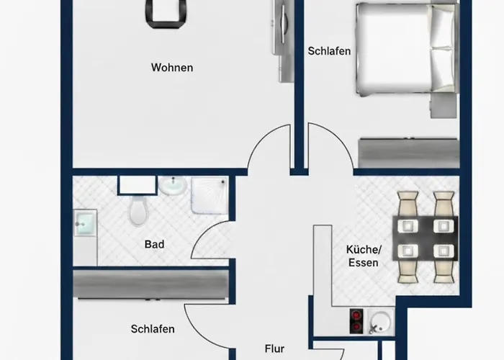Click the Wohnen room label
tap(171, 68)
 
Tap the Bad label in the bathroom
tap(154, 244)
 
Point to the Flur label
tap(274, 348)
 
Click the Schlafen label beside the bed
tap(329, 51)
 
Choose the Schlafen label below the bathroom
tap(153, 329)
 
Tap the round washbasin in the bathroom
tap(173, 187)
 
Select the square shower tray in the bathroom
tap(210, 196)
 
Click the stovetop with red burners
tap(356, 320)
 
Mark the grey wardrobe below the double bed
tap(408, 153)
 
